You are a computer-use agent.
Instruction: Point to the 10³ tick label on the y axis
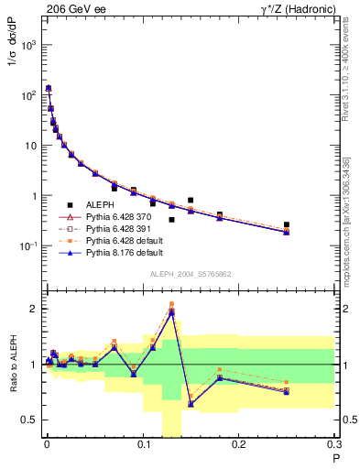point(27,45)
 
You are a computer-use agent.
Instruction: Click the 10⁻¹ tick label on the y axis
point(27,245)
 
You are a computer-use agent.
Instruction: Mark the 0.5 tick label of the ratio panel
point(29,420)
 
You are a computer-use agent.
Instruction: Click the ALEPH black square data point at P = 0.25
point(287,224)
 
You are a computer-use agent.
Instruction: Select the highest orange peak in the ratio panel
point(171,303)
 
